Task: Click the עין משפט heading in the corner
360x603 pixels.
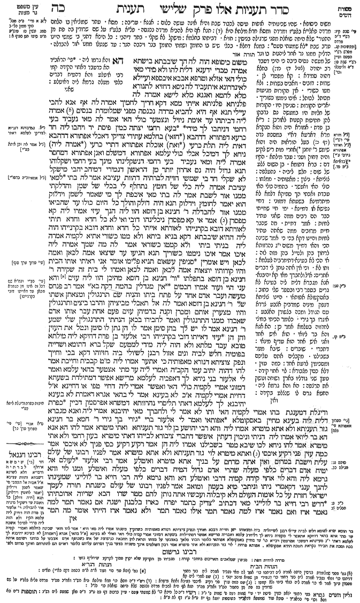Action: coord(21,5)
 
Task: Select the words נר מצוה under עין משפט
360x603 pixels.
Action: coord(21,11)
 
